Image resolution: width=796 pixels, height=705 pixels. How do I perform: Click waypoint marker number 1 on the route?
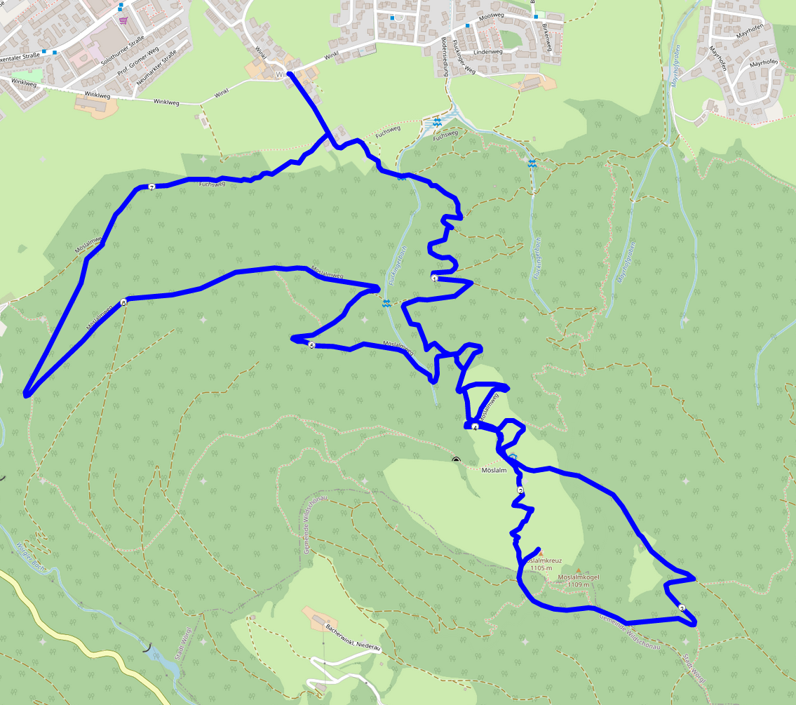point(434,278)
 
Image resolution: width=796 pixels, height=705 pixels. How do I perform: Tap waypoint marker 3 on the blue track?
point(682,607)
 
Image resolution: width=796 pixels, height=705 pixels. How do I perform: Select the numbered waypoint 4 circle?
point(475,427)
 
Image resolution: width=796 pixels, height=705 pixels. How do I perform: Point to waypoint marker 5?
point(311,345)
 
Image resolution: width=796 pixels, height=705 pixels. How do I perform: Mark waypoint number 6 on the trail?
point(123,303)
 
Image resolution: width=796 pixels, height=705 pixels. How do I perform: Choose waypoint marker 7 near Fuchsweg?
point(151,187)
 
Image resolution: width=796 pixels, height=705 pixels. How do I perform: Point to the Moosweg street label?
point(490,17)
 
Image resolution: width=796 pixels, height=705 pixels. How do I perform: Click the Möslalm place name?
point(494,470)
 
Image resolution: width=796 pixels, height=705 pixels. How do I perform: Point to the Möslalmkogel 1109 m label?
point(579,581)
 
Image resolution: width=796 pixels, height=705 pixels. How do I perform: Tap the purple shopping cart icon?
point(124,20)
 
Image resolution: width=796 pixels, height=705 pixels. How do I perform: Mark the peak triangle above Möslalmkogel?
point(579,570)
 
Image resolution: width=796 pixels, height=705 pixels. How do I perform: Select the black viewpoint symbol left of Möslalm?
point(457,460)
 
